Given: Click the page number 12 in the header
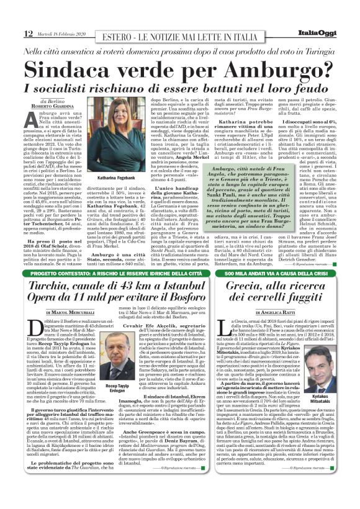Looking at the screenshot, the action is (x=29, y=32).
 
